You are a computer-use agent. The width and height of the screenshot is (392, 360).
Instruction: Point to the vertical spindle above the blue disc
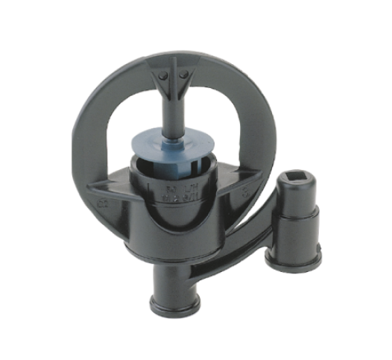[x=173, y=112]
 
